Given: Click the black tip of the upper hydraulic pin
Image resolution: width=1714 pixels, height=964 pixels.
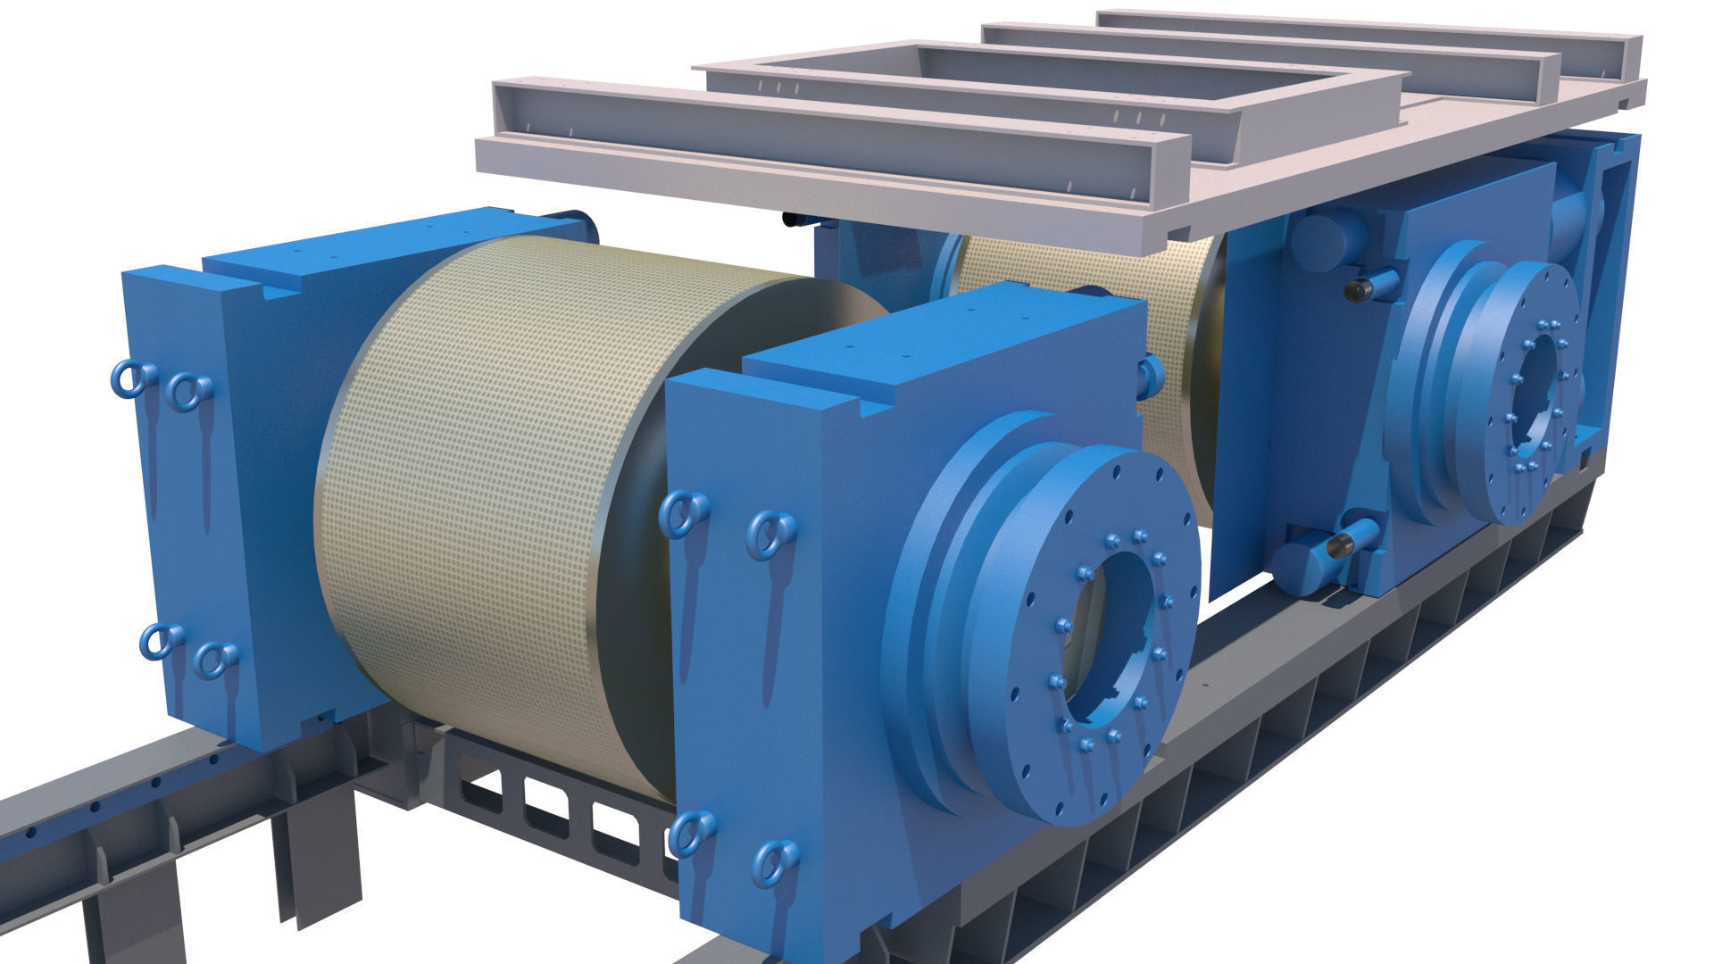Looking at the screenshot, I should coord(1359,289).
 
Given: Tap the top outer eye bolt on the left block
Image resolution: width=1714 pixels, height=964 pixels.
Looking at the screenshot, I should coord(128,379).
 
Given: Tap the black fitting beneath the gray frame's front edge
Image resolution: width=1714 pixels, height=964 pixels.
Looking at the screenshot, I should coord(791,219).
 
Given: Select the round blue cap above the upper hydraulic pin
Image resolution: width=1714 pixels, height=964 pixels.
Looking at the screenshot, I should coord(1326,237).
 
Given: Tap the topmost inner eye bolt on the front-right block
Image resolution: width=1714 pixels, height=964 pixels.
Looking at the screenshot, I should coord(770,534).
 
